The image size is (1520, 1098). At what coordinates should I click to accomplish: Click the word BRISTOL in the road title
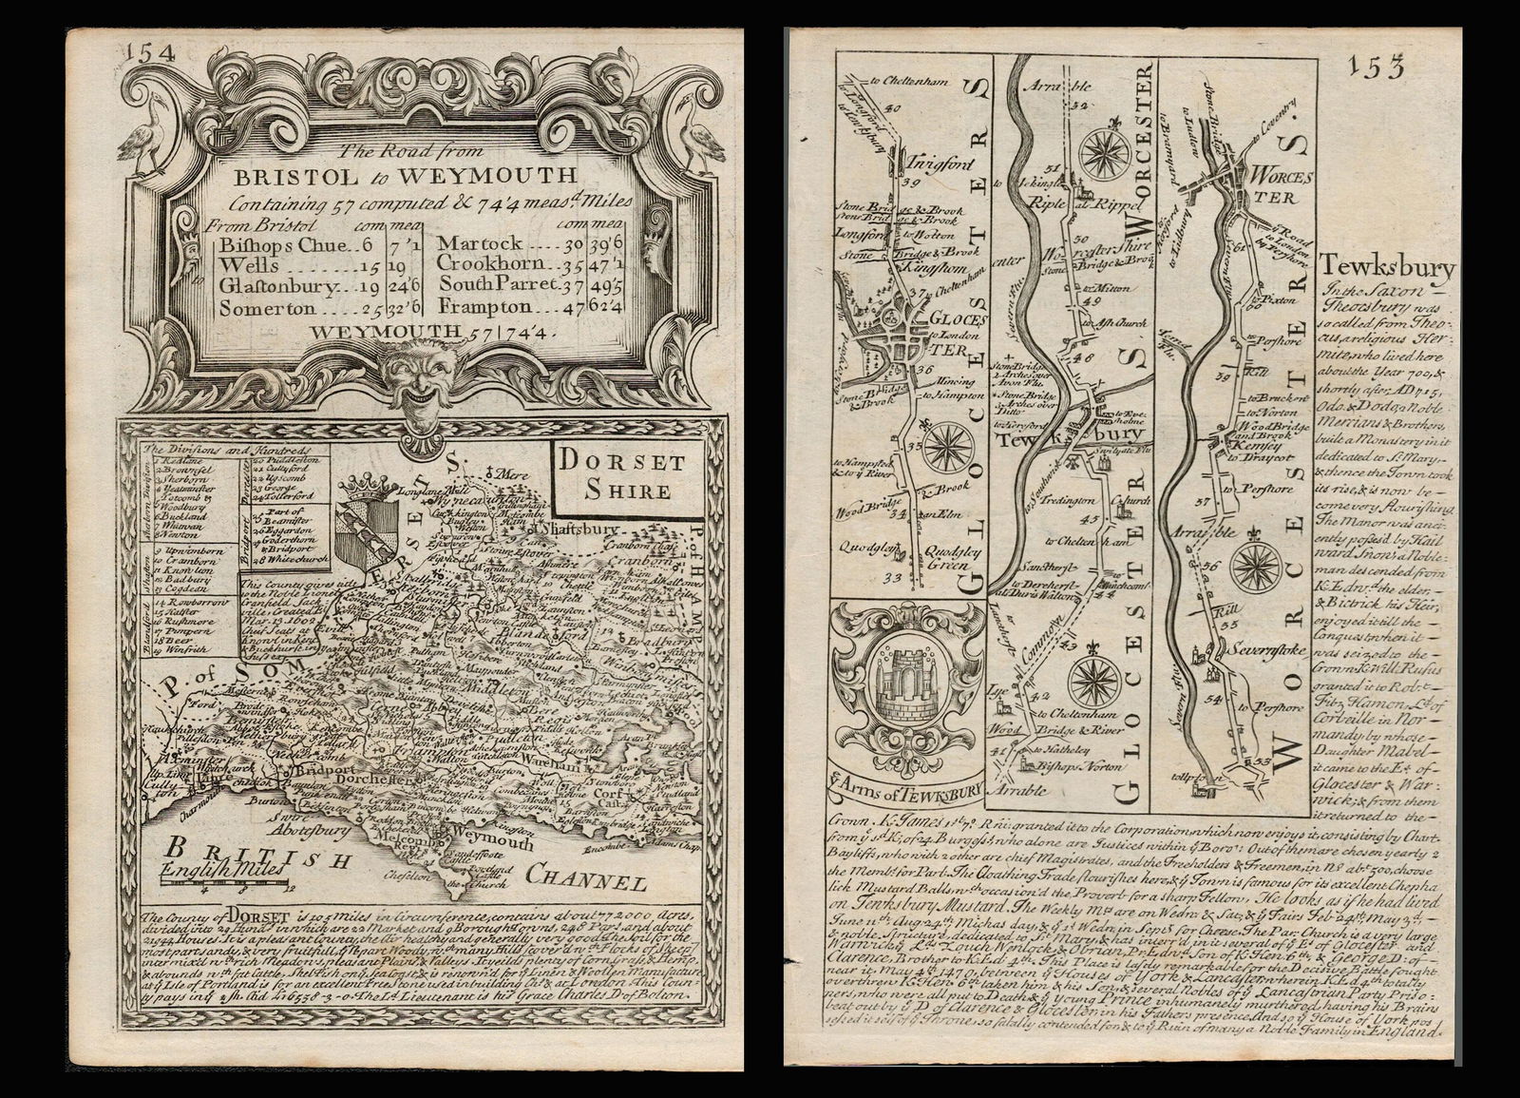[x=285, y=175]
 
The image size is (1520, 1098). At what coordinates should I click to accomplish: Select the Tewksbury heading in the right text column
[x=1386, y=270]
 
